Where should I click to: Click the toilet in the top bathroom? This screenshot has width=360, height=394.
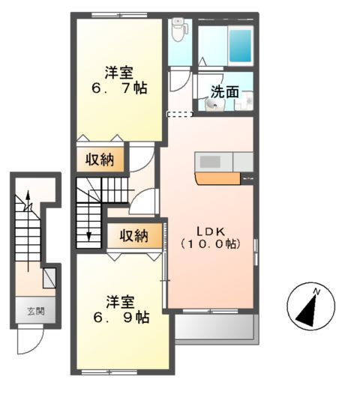point(178,31)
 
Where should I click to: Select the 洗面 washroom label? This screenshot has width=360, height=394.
point(224,92)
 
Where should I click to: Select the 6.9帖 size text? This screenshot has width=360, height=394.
point(120,318)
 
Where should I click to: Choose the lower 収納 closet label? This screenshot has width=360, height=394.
point(134,236)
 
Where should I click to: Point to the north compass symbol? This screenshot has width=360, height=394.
point(310,306)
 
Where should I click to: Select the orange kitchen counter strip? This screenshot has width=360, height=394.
point(218,178)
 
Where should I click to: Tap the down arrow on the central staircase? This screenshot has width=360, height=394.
point(88,234)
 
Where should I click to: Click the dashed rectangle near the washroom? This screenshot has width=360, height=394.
point(179,114)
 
